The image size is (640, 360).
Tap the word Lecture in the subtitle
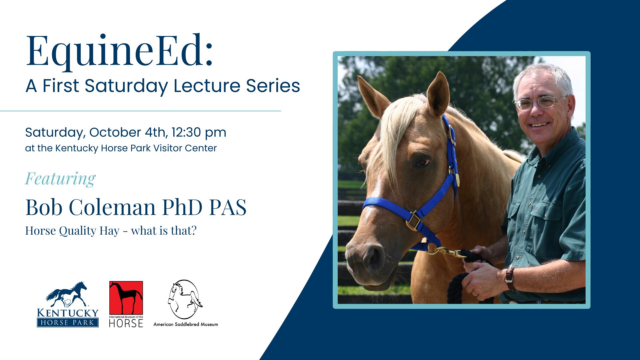pyautogui.click(x=207, y=86)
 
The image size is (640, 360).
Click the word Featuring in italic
pyautogui.click(x=60, y=179)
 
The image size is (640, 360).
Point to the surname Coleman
pyautogui.click(x=112, y=207)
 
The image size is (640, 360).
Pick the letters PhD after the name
pyautogui.click(x=182, y=207)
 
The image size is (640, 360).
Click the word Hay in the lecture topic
pyautogui.click(x=109, y=231)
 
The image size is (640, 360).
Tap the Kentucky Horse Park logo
pyautogui.click(x=68, y=304)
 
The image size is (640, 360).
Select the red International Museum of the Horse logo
pyautogui.click(x=126, y=304)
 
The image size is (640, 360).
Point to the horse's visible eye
pyautogui.click(x=422, y=162)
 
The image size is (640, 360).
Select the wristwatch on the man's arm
pyautogui.click(x=510, y=277)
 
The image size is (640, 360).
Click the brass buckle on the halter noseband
pyautogui.click(x=414, y=221)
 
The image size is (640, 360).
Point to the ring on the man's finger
pyautogui.click(x=475, y=293)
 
